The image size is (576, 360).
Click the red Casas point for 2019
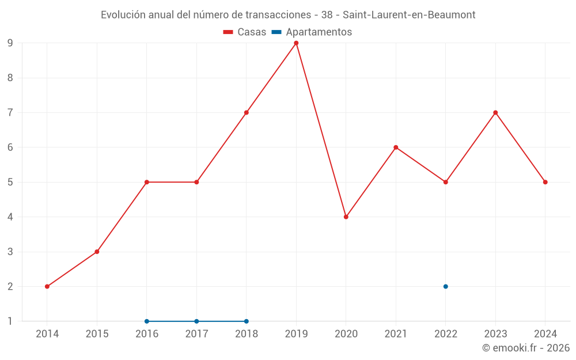296,43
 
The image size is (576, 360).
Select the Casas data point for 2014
47,286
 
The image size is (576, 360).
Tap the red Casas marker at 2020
346,217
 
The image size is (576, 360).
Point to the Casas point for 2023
495,112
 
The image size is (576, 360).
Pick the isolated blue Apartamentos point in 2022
446,286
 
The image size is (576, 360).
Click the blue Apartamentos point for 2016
147,321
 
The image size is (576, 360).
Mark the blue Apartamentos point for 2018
247,321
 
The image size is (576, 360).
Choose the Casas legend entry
245,32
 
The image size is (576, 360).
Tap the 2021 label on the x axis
396,334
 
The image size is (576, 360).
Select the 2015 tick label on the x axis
97,334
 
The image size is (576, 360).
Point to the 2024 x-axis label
545,334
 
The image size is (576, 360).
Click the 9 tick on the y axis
10,43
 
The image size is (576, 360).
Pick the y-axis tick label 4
10,217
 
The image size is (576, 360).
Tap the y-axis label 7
10,112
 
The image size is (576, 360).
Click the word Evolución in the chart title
123,15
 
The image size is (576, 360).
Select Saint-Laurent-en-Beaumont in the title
409,15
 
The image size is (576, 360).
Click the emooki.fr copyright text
526,348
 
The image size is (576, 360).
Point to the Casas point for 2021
396,147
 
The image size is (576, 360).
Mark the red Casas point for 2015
97,252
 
